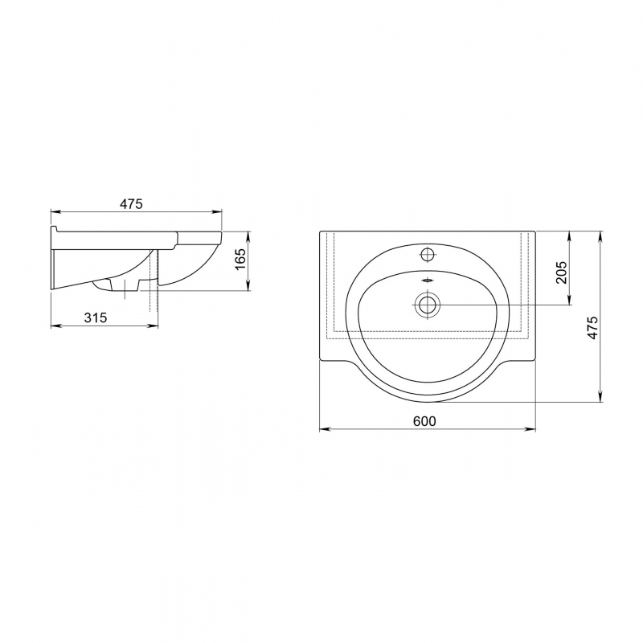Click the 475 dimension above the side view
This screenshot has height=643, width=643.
(x=131, y=204)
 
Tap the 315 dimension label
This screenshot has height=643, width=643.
(x=95, y=317)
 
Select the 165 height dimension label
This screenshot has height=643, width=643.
(x=240, y=259)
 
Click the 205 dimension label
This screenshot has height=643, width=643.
(x=561, y=272)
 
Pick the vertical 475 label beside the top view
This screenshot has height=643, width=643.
(x=592, y=328)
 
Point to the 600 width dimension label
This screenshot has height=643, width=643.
(x=424, y=421)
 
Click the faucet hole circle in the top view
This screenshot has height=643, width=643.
(x=428, y=255)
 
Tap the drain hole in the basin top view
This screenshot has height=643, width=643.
(x=428, y=305)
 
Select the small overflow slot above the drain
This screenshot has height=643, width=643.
(x=428, y=281)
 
